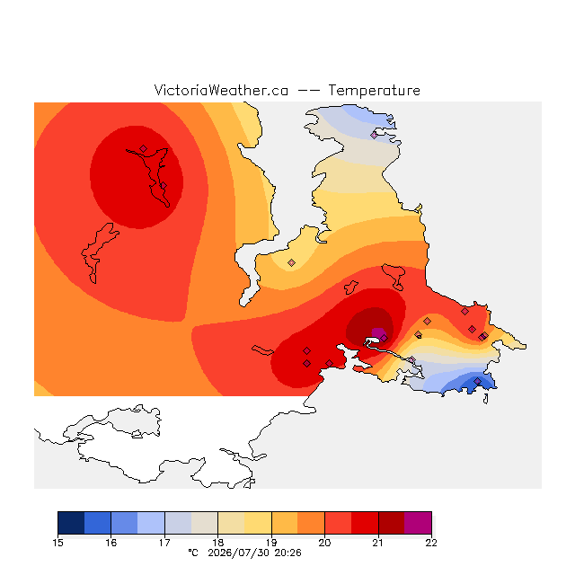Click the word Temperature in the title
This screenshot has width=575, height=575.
tap(374, 91)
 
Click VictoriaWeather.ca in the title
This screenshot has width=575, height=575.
tap(221, 90)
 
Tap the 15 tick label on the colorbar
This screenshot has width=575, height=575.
tap(57, 543)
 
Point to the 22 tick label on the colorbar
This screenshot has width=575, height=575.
tap(431, 543)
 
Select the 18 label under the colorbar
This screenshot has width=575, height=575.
tap(217, 543)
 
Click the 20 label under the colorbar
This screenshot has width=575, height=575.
tap(324, 543)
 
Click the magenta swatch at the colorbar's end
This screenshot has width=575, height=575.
tap(418, 523)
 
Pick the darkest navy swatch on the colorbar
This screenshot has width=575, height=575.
tap(71, 523)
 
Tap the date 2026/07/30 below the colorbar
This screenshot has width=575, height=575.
tap(239, 553)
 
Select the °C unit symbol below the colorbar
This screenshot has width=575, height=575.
tap(193, 553)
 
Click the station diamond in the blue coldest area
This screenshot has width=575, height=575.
tap(477, 381)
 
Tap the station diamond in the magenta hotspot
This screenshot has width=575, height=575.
tap(384, 338)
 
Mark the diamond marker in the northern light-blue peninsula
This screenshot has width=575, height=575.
tap(374, 135)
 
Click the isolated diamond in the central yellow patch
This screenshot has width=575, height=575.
tap(291, 262)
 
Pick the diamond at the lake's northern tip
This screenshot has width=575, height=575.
tap(143, 148)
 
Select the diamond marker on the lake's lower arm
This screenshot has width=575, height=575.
tap(164, 186)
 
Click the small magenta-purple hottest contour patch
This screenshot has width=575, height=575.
tap(377, 333)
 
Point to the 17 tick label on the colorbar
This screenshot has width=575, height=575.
tap(164, 543)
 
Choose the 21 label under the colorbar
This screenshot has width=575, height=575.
tap(378, 543)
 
